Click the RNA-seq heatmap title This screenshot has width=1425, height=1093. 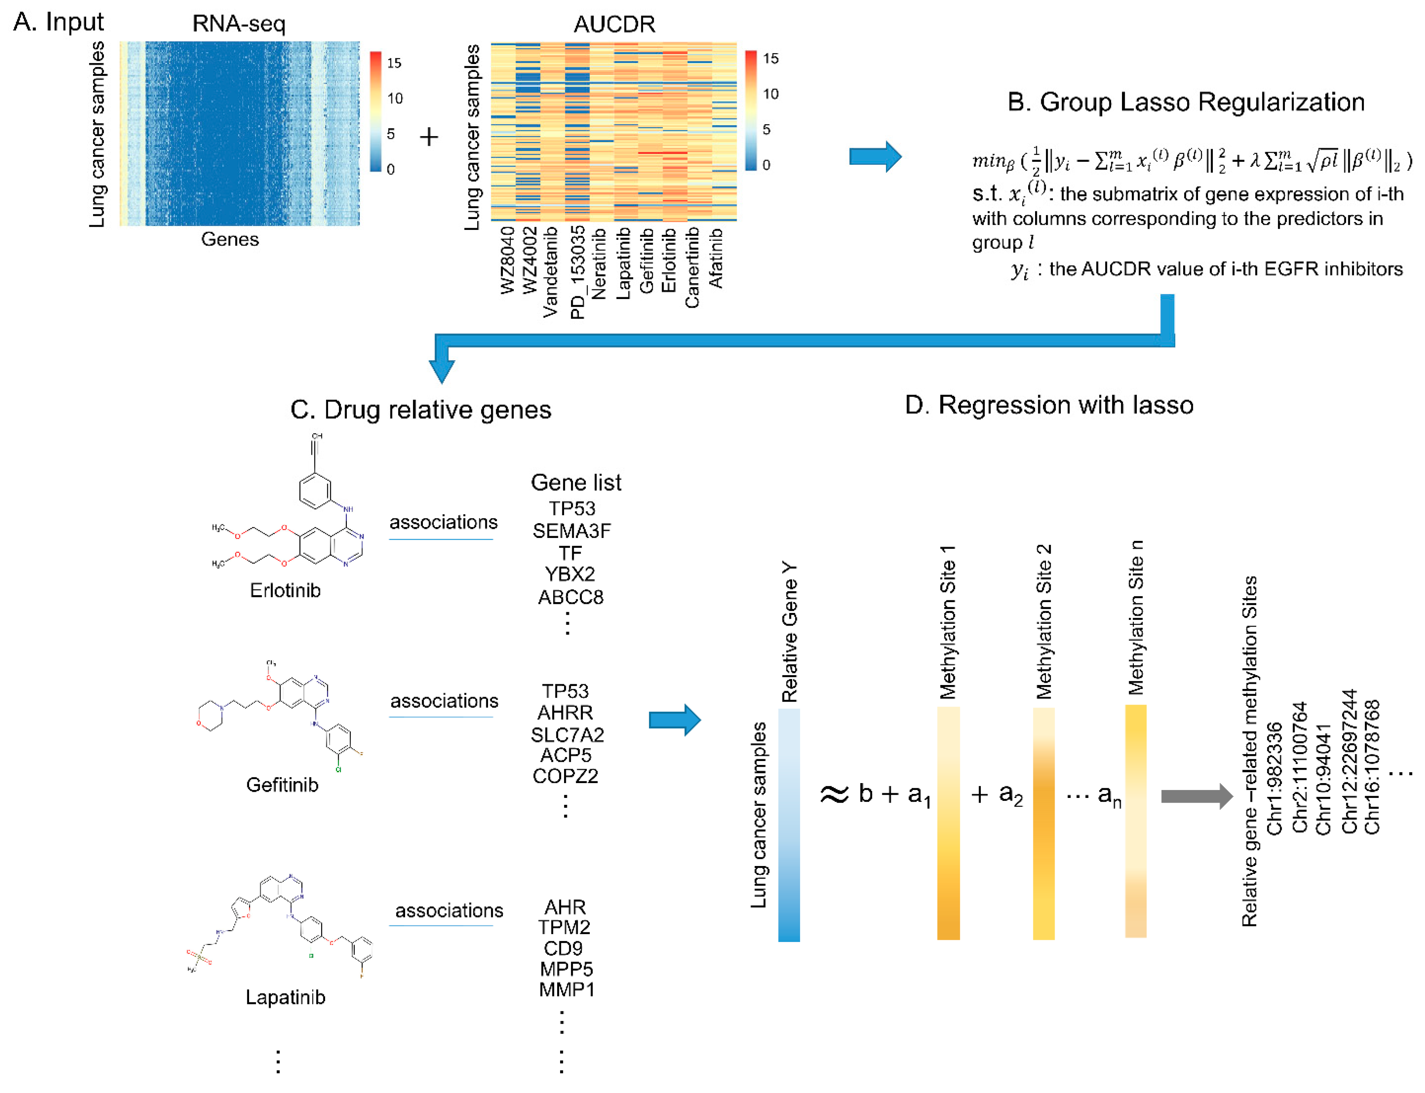(x=239, y=24)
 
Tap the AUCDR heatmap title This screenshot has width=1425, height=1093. (x=614, y=24)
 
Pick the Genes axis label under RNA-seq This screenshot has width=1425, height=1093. (x=230, y=239)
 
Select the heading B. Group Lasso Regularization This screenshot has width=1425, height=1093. (x=1186, y=102)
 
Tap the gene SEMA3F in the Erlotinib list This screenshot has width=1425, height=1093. (x=571, y=531)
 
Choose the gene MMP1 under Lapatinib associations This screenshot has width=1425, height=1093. (x=566, y=989)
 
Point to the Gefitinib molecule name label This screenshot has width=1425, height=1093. (x=282, y=785)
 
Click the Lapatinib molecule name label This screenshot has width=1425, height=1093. (x=285, y=997)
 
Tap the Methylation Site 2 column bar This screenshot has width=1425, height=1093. (x=1043, y=823)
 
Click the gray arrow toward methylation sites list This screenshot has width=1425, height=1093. (x=1196, y=796)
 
